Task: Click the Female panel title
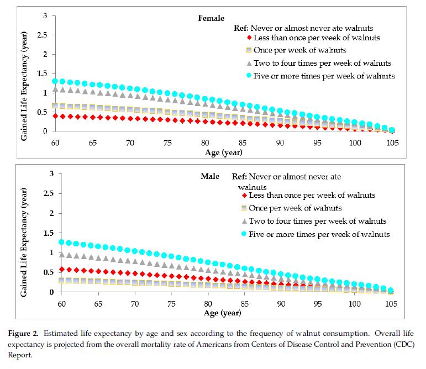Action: pyautogui.click(x=211, y=18)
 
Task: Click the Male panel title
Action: pyautogui.click(x=209, y=177)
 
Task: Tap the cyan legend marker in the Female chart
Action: pyautogui.click(x=249, y=76)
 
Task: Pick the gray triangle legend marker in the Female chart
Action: pyautogui.click(x=249, y=63)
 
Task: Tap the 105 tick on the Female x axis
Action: pyautogui.click(x=392, y=143)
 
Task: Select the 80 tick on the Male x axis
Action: pyautogui.click(x=206, y=303)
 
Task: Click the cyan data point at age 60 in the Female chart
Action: pyautogui.click(x=55, y=81)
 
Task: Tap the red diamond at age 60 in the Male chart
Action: pyautogui.click(x=55, y=269)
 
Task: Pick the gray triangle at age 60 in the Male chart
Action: pyautogui.click(x=55, y=255)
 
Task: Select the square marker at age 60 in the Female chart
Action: pyautogui.click(x=55, y=106)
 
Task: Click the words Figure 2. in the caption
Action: pyautogui.click(x=28, y=334)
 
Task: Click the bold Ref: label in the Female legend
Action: pyautogui.click(x=243, y=28)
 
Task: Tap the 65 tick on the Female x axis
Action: pyautogui.click(x=92, y=143)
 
